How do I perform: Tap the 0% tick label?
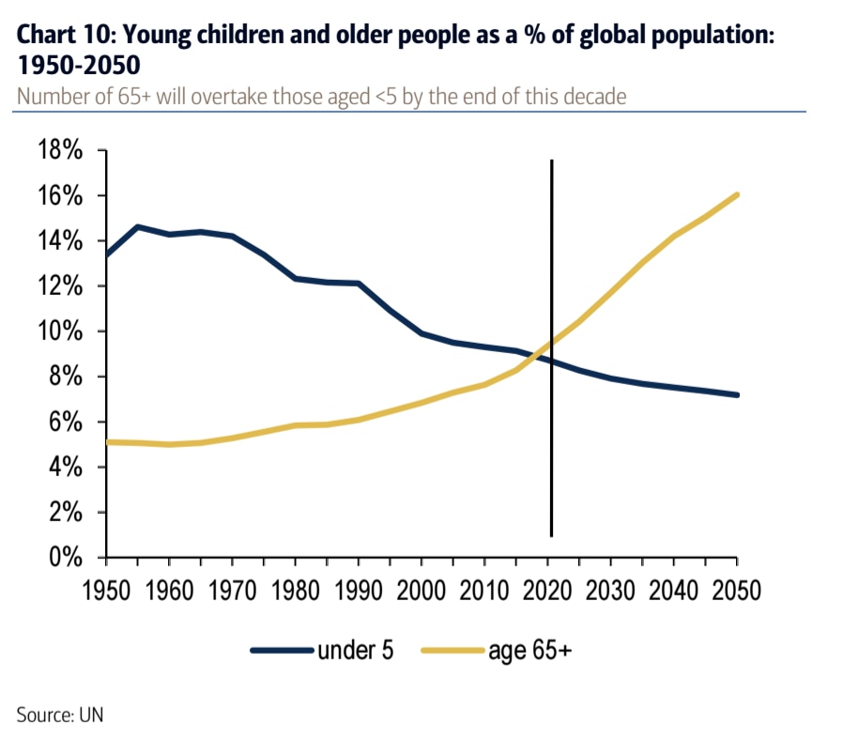pyautogui.click(x=68, y=558)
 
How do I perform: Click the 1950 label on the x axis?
pyautogui.click(x=106, y=592)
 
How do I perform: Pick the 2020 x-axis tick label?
pyautogui.click(x=548, y=592)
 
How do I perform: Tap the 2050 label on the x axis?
pyautogui.click(x=735, y=592)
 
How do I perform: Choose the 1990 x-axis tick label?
pyautogui.click(x=359, y=592)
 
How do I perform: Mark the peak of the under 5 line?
pyautogui.click(x=138, y=226)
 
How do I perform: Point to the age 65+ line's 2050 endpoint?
pyautogui.click(x=737, y=195)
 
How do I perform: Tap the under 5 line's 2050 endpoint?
pyautogui.click(x=737, y=395)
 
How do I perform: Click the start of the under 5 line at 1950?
pyautogui.click(x=107, y=254)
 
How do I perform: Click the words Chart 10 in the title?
pyautogui.click(x=62, y=37)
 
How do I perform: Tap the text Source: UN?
pyautogui.click(x=60, y=715)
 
